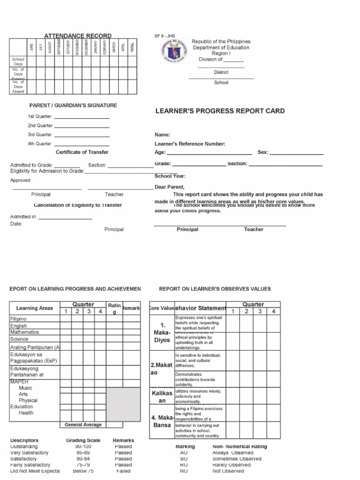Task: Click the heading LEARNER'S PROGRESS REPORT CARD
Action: [x=220, y=111]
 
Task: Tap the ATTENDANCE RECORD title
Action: [x=78, y=36]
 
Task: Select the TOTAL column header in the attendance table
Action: [x=132, y=47]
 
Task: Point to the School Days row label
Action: [x=18, y=62]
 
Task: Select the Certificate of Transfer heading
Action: [x=82, y=152]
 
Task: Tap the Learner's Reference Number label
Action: [x=190, y=144]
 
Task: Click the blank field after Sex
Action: [x=296, y=153]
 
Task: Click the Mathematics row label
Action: [x=25, y=332]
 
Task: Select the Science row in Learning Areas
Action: [x=19, y=339]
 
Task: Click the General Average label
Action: [x=83, y=425]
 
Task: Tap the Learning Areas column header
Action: [x=35, y=308]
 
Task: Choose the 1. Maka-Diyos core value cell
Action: [x=162, y=332]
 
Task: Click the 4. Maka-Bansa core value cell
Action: [x=162, y=421]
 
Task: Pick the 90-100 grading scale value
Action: [x=83, y=447]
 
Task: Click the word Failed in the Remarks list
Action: [x=123, y=471]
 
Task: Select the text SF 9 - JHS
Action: [x=165, y=36]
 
